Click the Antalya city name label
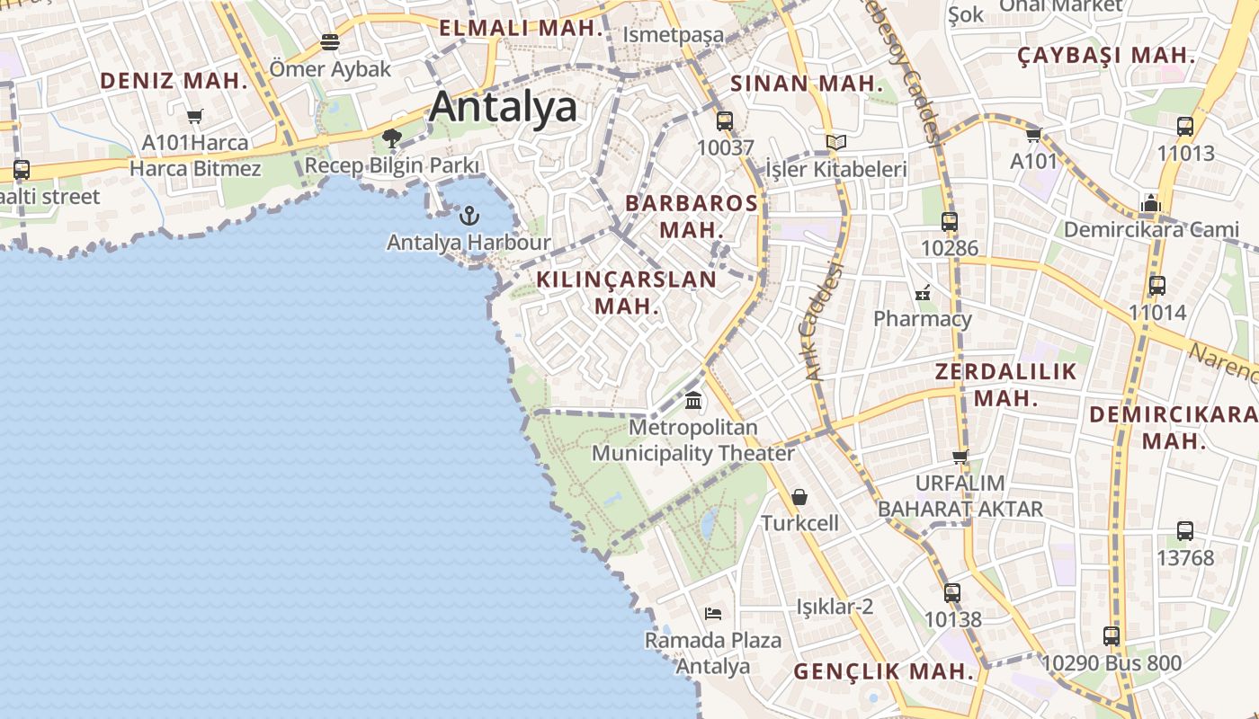(504, 107)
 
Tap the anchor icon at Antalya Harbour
(469, 216)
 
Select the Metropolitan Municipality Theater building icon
(693, 400)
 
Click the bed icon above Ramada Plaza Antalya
(713, 614)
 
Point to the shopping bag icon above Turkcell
(799, 497)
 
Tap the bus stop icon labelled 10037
(725, 121)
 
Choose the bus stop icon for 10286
(950, 221)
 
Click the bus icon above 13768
(1185, 531)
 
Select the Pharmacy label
(923, 319)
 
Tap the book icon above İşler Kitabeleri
(836, 142)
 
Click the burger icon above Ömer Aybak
(330, 42)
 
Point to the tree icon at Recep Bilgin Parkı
(391, 138)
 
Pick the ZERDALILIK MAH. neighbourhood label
(1005, 385)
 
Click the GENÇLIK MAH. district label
(883, 671)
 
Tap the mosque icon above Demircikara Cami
(1151, 203)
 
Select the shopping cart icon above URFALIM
(960, 457)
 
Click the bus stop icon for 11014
(1157, 286)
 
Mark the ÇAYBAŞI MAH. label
(1106, 56)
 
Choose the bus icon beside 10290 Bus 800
(1112, 636)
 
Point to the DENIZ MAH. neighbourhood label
(174, 81)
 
